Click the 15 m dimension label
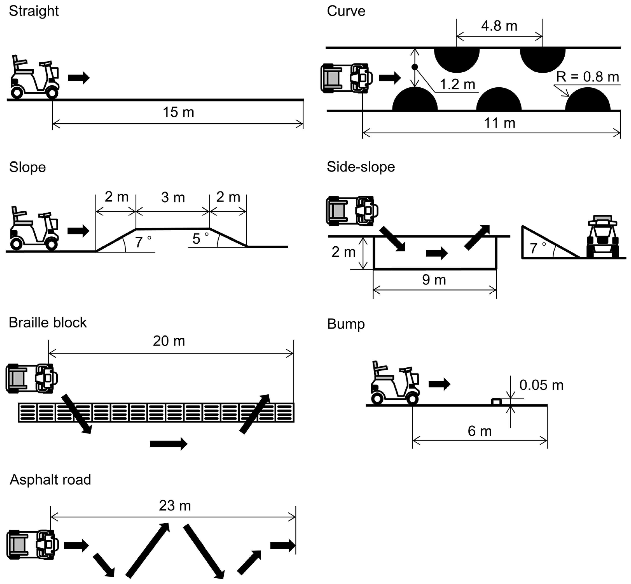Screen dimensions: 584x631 click(178, 112)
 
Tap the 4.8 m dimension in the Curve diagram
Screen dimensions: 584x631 click(499, 26)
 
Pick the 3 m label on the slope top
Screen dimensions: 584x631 click(173, 198)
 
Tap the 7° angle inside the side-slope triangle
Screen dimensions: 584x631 click(537, 248)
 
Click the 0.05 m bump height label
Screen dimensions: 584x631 click(541, 385)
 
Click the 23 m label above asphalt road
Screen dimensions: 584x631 click(175, 506)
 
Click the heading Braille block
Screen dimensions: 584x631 click(47, 323)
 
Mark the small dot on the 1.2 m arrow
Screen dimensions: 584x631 click(415, 67)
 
